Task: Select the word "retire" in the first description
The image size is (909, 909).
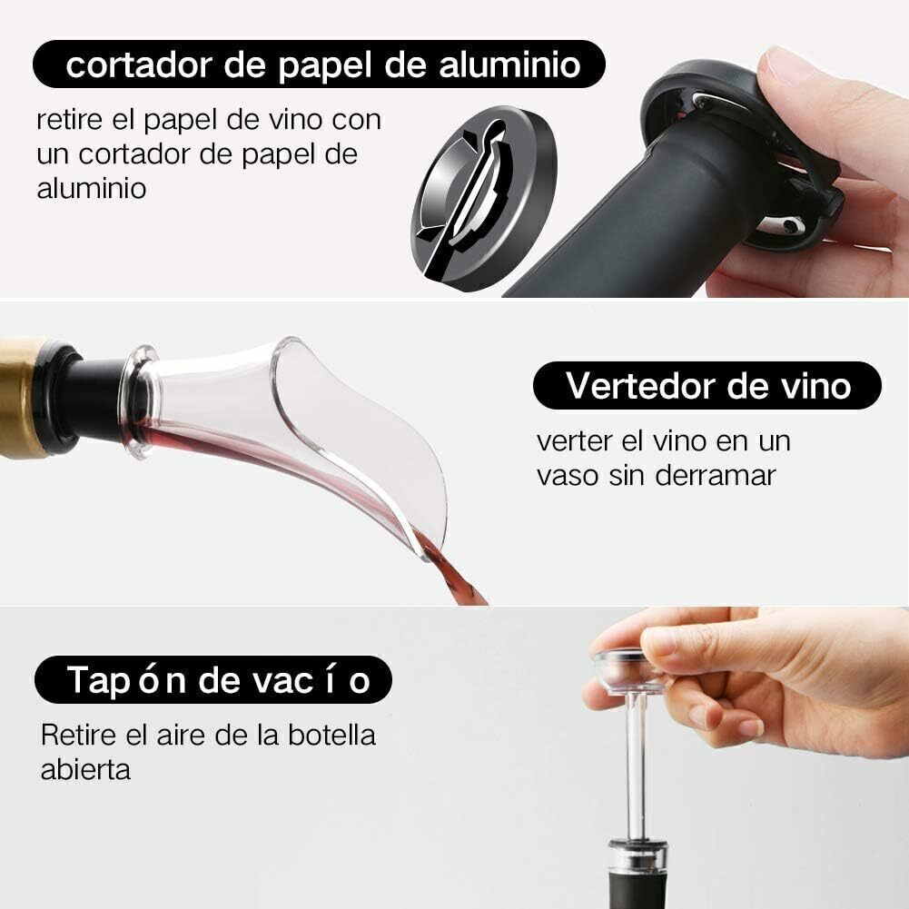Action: pos(70,120)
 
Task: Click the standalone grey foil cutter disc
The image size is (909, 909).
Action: pos(484,197)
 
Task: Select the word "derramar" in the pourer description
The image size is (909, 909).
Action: pos(716,476)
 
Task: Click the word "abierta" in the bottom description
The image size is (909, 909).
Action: pos(85,770)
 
